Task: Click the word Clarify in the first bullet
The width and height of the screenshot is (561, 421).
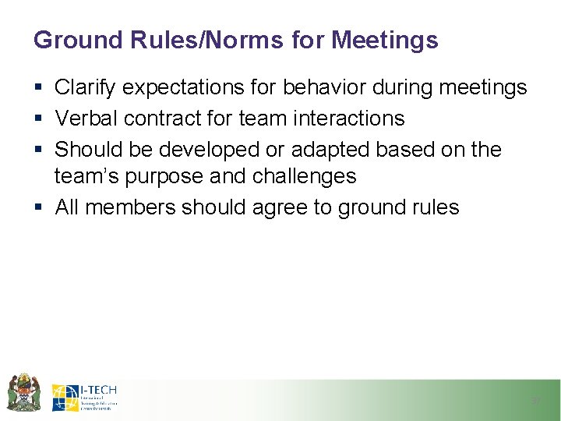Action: coord(82,87)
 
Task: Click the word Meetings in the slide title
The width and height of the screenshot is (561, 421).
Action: coord(385,40)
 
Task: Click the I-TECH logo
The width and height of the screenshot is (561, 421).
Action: coord(85,397)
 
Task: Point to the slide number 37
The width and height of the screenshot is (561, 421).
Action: coord(535,400)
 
